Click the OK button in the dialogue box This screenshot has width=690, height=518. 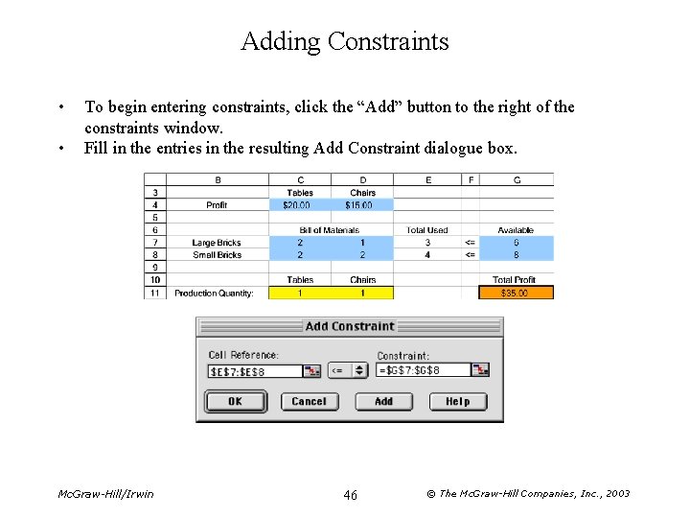tap(235, 401)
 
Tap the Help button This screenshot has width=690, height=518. tap(458, 401)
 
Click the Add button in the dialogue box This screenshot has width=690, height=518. tap(383, 401)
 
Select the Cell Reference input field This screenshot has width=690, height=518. tap(254, 371)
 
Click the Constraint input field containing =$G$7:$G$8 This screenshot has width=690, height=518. tap(423, 370)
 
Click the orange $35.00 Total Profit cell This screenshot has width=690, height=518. tap(516, 293)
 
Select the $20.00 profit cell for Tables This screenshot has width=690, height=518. tap(300, 205)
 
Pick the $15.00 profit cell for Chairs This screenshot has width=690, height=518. tap(361, 205)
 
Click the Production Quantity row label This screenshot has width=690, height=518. tap(214, 293)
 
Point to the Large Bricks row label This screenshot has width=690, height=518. tap(217, 243)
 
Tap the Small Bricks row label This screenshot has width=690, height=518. tap(217, 255)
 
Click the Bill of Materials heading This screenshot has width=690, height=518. tap(330, 230)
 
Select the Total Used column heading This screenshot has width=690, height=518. tap(426, 230)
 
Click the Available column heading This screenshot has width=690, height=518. tap(516, 230)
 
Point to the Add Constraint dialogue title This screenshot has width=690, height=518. tap(350, 326)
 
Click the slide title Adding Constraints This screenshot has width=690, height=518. tap(345, 41)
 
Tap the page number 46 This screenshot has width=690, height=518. tap(350, 494)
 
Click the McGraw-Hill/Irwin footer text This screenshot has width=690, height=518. tap(105, 494)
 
